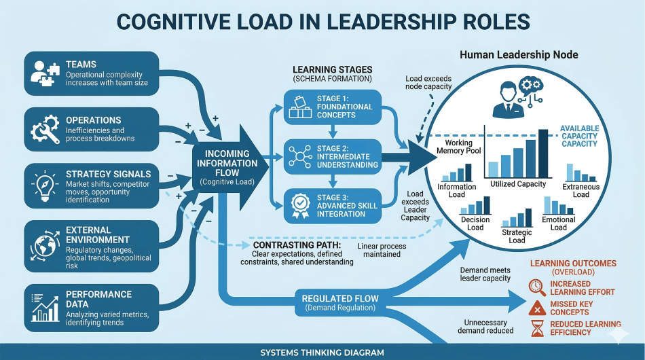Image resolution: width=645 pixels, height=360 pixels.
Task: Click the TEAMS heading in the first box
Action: point(81,65)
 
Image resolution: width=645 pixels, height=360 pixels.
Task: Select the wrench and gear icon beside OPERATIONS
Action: point(45,128)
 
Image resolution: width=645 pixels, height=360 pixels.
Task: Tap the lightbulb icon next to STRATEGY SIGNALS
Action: point(45,184)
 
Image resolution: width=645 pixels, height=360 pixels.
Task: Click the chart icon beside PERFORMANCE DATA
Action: point(45,306)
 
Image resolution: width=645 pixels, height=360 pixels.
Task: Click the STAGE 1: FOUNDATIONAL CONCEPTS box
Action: point(332,107)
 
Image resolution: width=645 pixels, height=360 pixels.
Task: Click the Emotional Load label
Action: point(559,223)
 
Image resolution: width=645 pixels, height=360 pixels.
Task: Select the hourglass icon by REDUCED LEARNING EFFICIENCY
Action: point(537,329)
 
